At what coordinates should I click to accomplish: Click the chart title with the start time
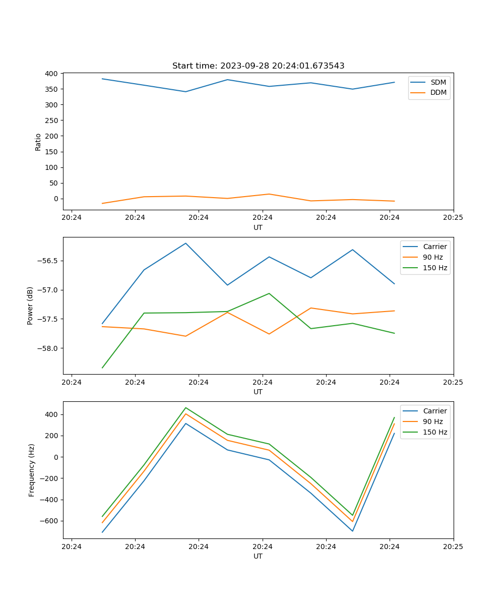click(258, 66)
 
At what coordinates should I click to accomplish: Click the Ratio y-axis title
click(38, 142)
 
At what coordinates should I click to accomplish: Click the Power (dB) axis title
click(30, 306)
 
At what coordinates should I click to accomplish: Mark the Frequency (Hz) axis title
click(32, 470)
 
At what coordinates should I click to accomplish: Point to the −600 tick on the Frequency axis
click(49, 521)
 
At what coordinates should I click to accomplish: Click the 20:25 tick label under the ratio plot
click(453, 218)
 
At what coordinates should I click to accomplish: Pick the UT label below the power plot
click(258, 392)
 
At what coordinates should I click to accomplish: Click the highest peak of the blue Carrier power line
click(185, 243)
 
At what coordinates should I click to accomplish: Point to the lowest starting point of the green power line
click(102, 368)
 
